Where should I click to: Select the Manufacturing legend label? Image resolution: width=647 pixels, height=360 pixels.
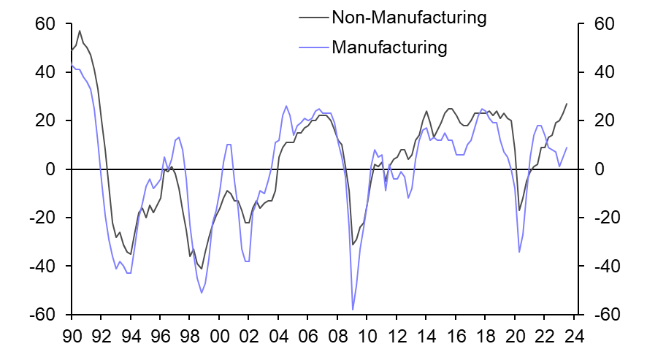(x=388, y=48)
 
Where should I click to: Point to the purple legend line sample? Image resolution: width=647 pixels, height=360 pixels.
(x=313, y=48)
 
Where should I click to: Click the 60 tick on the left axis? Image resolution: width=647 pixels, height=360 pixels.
(x=45, y=25)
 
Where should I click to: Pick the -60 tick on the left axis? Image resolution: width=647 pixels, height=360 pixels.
(x=42, y=315)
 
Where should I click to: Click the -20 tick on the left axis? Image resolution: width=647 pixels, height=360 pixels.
(x=42, y=218)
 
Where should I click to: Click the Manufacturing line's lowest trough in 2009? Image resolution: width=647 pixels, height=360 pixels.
(x=353, y=310)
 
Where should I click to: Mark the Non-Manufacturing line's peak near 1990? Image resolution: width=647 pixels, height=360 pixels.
(x=80, y=31)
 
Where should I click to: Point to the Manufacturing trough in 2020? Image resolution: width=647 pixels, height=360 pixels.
(x=519, y=252)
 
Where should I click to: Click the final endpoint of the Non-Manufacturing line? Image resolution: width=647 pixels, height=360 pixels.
(x=567, y=104)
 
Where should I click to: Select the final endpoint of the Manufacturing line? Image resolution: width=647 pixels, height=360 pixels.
(x=567, y=148)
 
